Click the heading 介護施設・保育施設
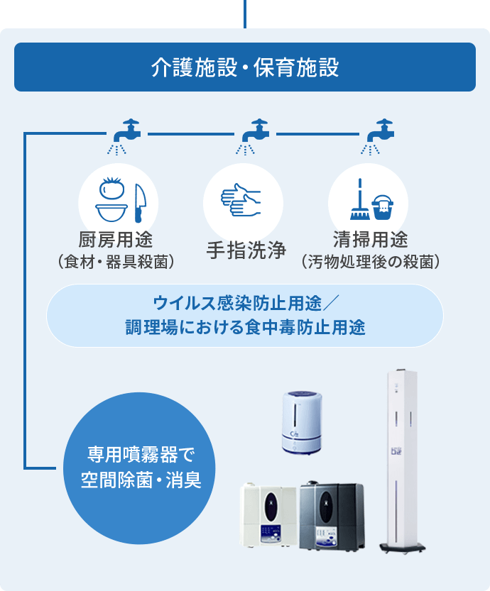tap(245, 67)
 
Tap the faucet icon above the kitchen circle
tap(126, 131)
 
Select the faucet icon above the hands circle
tap(255, 131)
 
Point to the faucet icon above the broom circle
tap(380, 131)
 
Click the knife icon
tap(140, 203)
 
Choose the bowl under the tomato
tap(111, 213)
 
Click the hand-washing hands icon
tap(241, 200)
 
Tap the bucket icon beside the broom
tap(383, 207)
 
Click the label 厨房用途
tap(116, 239)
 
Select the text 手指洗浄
tap(246, 250)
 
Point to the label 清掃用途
tap(371, 239)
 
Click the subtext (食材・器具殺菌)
tap(116, 262)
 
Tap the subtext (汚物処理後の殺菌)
tap(371, 262)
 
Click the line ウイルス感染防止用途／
tap(246, 303)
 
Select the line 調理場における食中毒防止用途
tap(245, 327)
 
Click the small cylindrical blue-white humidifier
tap(302, 423)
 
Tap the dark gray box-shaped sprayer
tap(332, 516)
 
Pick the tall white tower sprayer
tap(403, 460)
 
